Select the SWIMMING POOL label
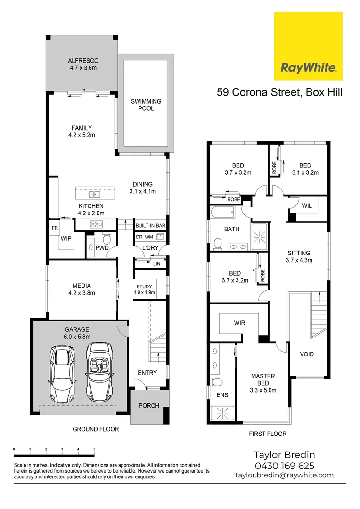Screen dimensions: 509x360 (146, 105)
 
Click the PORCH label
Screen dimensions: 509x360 (149, 405)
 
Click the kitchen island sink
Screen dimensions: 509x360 (95, 194)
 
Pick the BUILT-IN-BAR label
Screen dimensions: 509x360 (150, 226)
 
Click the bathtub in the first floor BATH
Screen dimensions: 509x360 (222, 212)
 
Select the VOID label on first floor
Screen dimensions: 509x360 (307, 354)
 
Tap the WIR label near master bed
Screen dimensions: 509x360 (239, 323)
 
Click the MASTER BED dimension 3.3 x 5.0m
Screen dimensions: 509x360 (263, 390)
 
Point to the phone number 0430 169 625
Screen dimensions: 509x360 (284, 466)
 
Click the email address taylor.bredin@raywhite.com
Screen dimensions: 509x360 (284, 475)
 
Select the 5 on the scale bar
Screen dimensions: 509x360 (94, 449)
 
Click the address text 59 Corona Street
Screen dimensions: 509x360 (257, 92)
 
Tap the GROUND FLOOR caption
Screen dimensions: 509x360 (96, 429)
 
